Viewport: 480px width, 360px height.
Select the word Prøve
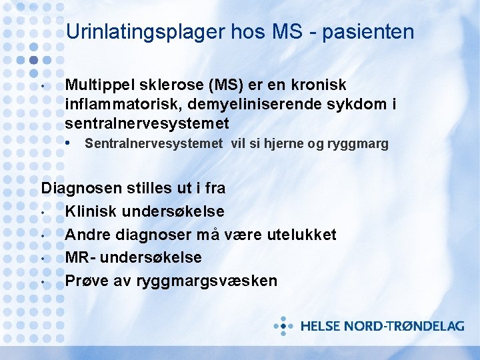coord(87,281)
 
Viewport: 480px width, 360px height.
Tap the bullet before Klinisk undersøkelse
coord(42,213)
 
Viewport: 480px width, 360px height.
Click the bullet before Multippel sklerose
coord(42,87)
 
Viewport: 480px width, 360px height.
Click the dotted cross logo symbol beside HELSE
coord(284,326)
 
